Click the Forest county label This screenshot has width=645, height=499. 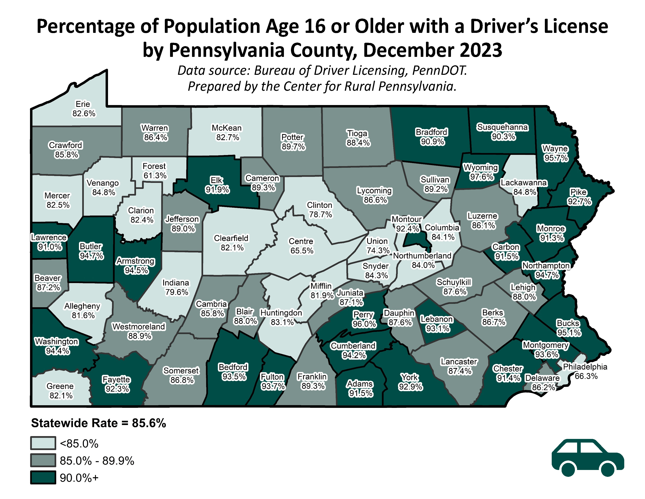154,166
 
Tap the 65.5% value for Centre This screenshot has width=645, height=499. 301,251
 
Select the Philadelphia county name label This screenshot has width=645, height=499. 585,367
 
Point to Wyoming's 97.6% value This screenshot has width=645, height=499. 481,177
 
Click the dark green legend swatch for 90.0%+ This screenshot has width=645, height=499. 43,478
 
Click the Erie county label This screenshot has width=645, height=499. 83,104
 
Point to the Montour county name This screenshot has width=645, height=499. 406,219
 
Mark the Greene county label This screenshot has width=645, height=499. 60,386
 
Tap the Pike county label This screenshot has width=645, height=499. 578,192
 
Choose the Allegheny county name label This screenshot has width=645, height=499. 82,306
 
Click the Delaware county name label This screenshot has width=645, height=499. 542,378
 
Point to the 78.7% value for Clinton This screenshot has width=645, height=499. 320,215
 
